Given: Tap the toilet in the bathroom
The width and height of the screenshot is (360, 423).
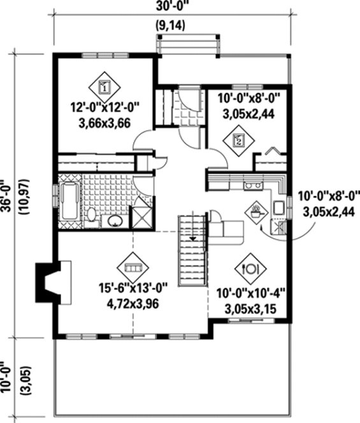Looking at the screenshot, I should [x=92, y=215].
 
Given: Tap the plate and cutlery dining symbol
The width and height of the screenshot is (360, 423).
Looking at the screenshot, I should [x=252, y=268].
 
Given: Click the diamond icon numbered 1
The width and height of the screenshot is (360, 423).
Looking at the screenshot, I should [x=106, y=83].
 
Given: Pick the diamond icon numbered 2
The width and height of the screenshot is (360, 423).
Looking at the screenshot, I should [x=238, y=141].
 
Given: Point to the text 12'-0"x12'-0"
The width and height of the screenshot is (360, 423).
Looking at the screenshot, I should [x=106, y=109].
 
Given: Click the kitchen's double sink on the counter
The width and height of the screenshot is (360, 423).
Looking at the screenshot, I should [x=278, y=207].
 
